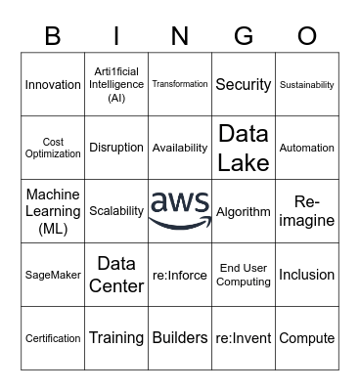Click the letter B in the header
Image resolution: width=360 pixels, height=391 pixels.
[53, 36]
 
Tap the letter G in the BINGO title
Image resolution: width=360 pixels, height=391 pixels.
[244, 36]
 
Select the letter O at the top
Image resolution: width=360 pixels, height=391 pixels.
[307, 36]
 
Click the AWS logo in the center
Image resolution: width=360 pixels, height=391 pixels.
[180, 210]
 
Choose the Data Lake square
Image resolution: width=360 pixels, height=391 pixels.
[244, 148]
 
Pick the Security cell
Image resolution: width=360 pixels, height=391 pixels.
[244, 85]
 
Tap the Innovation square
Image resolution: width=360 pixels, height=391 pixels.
[53, 85]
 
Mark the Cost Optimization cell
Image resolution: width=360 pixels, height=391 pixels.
[53, 148]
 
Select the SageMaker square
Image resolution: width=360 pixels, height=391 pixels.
[53, 275]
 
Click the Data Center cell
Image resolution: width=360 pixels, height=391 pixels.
[116, 275]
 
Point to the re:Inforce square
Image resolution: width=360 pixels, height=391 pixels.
[180, 275]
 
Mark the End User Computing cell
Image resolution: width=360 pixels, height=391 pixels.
[244, 275]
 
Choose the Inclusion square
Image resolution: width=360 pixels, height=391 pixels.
[307, 275]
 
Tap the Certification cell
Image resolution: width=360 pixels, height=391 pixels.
[53, 338]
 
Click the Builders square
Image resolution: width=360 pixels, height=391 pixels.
[180, 338]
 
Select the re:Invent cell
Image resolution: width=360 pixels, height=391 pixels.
[244, 338]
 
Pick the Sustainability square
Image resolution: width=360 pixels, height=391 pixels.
[307, 85]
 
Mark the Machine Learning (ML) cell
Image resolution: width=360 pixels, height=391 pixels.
[53, 211]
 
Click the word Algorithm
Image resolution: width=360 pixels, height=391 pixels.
[244, 211]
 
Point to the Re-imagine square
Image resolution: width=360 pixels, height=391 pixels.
[307, 211]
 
